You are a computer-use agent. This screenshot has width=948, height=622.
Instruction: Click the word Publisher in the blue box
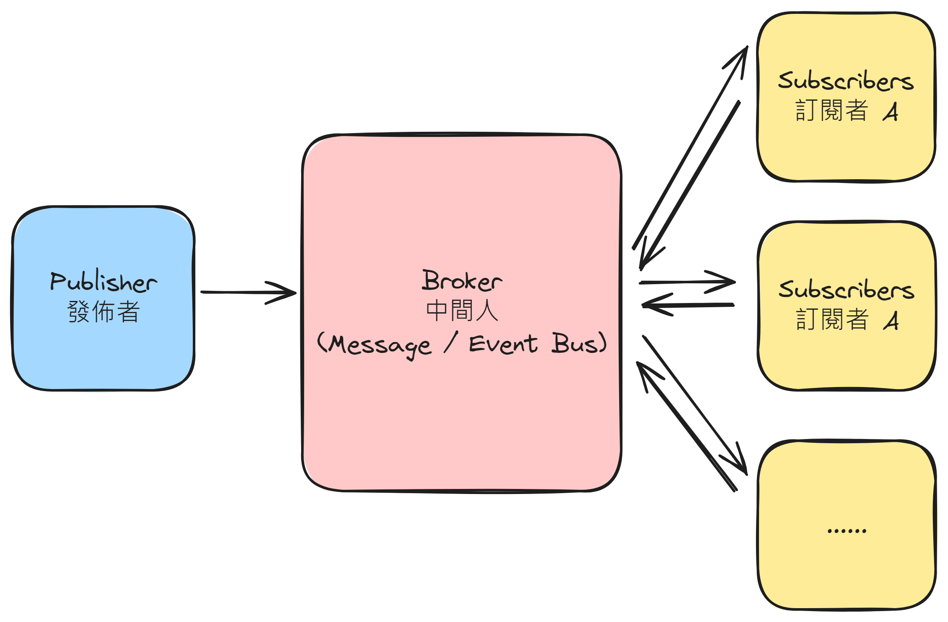(103, 282)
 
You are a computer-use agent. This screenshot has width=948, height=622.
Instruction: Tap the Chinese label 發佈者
(103, 312)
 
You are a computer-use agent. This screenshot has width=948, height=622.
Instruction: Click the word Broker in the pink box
(462, 281)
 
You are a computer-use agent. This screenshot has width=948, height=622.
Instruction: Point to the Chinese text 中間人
(462, 311)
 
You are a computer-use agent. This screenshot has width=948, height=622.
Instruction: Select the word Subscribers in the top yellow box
(846, 81)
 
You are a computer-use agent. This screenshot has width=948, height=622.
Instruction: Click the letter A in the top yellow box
(890, 112)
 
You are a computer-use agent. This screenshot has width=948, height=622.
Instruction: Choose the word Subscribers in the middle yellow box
(846, 290)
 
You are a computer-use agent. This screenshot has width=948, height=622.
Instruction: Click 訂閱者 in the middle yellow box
(832, 320)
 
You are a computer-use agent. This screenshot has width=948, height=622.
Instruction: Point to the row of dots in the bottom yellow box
(846, 531)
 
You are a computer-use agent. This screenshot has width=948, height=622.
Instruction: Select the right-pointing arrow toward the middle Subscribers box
(689, 282)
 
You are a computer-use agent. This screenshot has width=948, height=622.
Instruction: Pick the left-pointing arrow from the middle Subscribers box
(689, 305)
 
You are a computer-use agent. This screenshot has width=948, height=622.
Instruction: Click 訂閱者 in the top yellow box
(832, 111)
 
